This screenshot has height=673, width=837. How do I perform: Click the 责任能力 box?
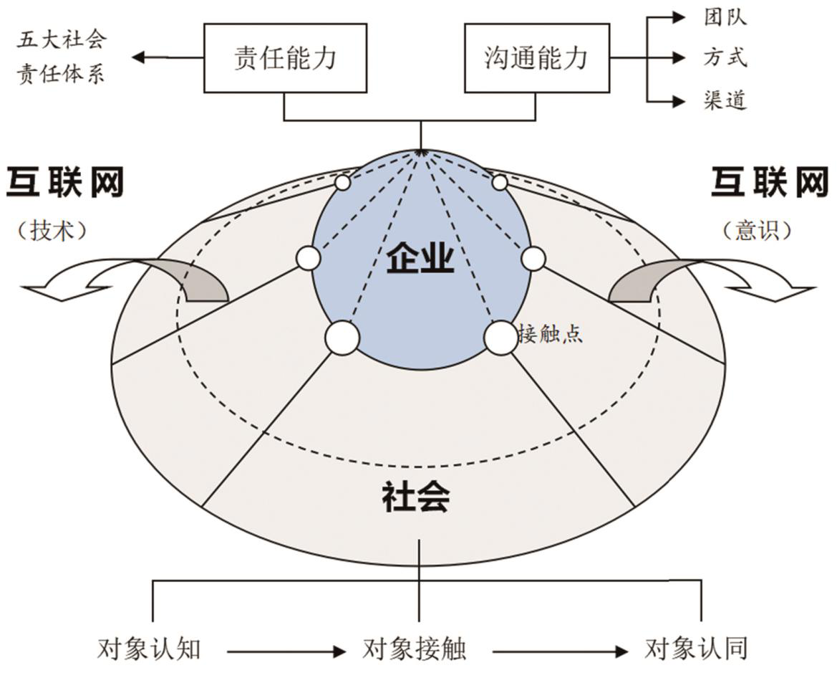[x=284, y=58]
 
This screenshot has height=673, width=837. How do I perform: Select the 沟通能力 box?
[x=536, y=58]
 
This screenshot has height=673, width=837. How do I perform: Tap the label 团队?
[x=725, y=17]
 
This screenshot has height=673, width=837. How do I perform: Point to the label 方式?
[x=725, y=58]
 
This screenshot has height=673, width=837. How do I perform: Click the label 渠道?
[x=725, y=100]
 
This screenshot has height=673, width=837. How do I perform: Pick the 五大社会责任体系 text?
[x=61, y=57]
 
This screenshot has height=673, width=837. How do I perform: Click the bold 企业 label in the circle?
[x=420, y=259]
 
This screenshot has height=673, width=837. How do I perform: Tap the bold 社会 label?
[x=416, y=497]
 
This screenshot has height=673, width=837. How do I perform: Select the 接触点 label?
[x=551, y=334]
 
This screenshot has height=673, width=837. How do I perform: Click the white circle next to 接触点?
[x=500, y=338]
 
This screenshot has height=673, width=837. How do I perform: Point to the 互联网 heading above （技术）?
[x=65, y=183]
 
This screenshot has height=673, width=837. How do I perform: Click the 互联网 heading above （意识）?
[x=769, y=183]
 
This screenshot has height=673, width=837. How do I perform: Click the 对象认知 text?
[x=149, y=649]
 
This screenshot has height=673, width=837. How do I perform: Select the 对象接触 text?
[x=415, y=649]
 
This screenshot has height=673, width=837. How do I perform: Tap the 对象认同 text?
[x=696, y=649]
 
